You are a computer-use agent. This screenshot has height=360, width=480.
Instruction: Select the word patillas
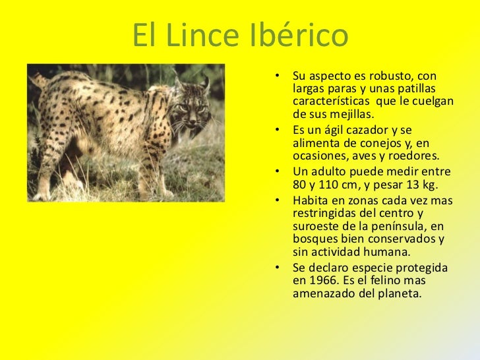point(421,88)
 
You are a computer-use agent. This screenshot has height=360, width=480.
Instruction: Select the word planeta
point(398,293)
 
